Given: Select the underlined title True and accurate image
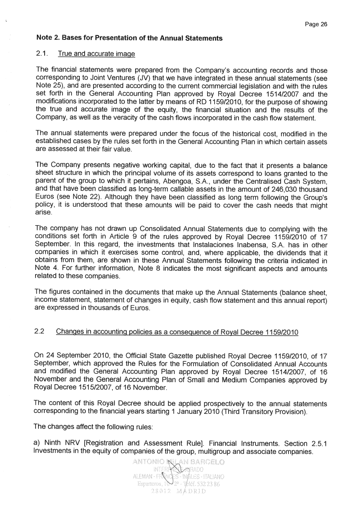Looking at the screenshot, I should (x=96, y=54).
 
